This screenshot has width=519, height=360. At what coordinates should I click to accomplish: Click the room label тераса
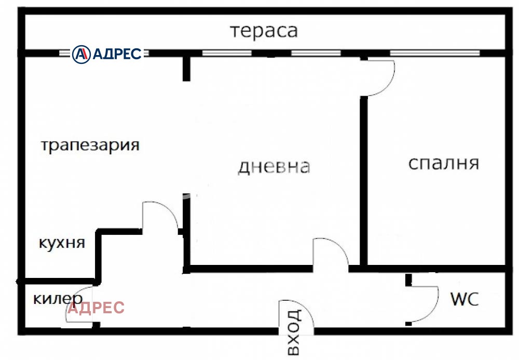[264, 31]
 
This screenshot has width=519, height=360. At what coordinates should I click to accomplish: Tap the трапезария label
[90, 145]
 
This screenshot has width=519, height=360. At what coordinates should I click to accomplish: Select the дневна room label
[274, 167]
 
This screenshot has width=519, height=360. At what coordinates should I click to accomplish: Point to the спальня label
[443, 163]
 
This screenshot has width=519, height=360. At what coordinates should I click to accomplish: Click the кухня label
[62, 243]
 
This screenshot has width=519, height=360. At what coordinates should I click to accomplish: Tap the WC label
[464, 299]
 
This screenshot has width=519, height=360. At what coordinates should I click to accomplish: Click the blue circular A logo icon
[81, 53]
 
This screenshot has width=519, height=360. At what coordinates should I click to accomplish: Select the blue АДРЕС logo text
[117, 53]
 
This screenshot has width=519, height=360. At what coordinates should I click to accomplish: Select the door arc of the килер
[78, 306]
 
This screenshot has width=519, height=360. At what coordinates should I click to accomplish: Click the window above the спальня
[435, 53]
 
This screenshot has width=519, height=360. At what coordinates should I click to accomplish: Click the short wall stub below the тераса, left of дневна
[186, 68]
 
